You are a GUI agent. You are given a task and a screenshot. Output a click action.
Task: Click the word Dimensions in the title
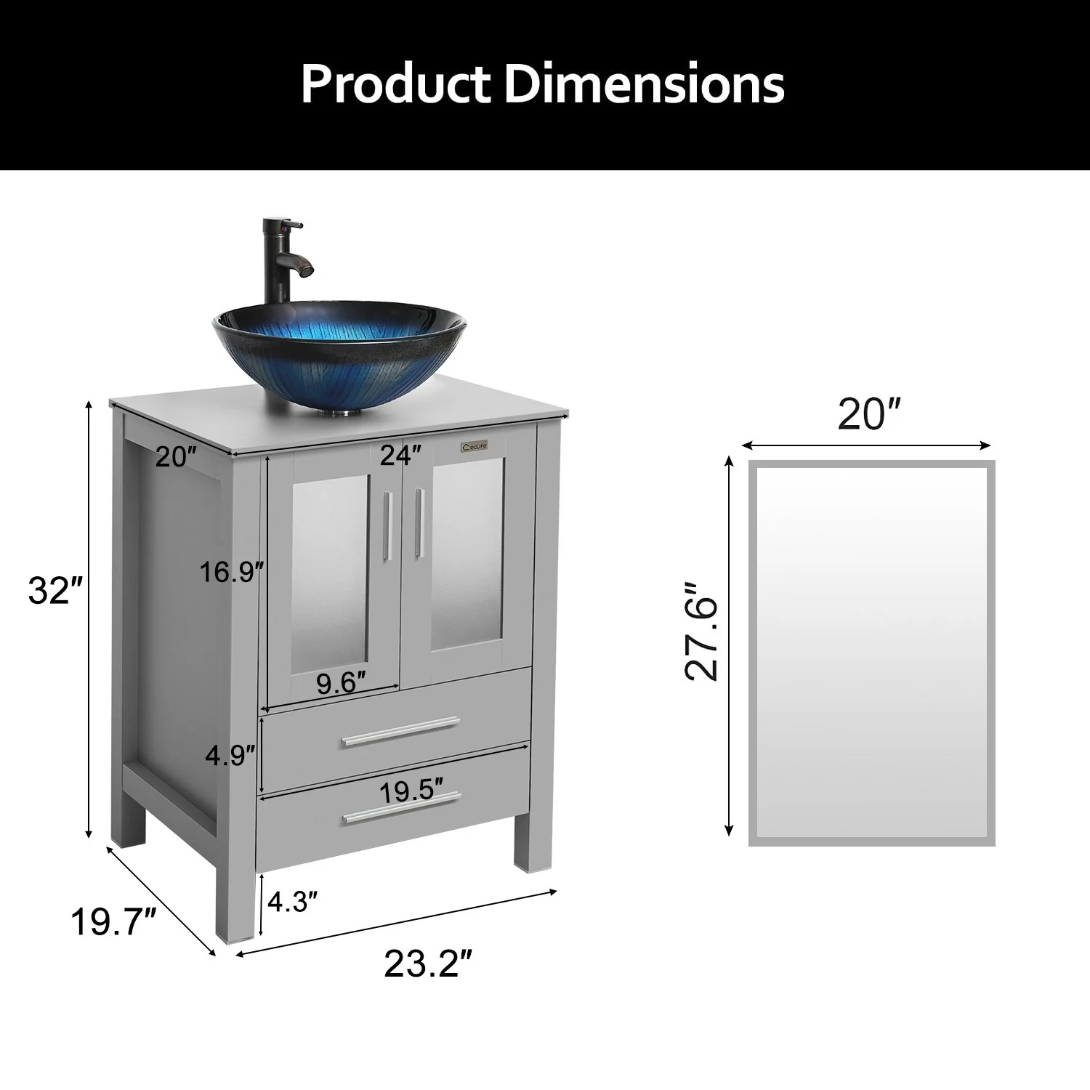(x=645, y=84)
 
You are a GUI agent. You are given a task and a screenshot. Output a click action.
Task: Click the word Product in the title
(x=397, y=84)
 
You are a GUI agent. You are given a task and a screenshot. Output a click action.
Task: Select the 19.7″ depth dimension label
(x=114, y=922)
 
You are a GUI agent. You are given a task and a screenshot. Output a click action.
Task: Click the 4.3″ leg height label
(x=293, y=903)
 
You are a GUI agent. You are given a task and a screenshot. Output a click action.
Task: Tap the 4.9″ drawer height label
(x=230, y=756)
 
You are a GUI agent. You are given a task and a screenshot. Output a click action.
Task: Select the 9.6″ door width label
(x=339, y=684)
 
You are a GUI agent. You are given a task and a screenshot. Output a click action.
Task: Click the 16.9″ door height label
(x=232, y=573)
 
